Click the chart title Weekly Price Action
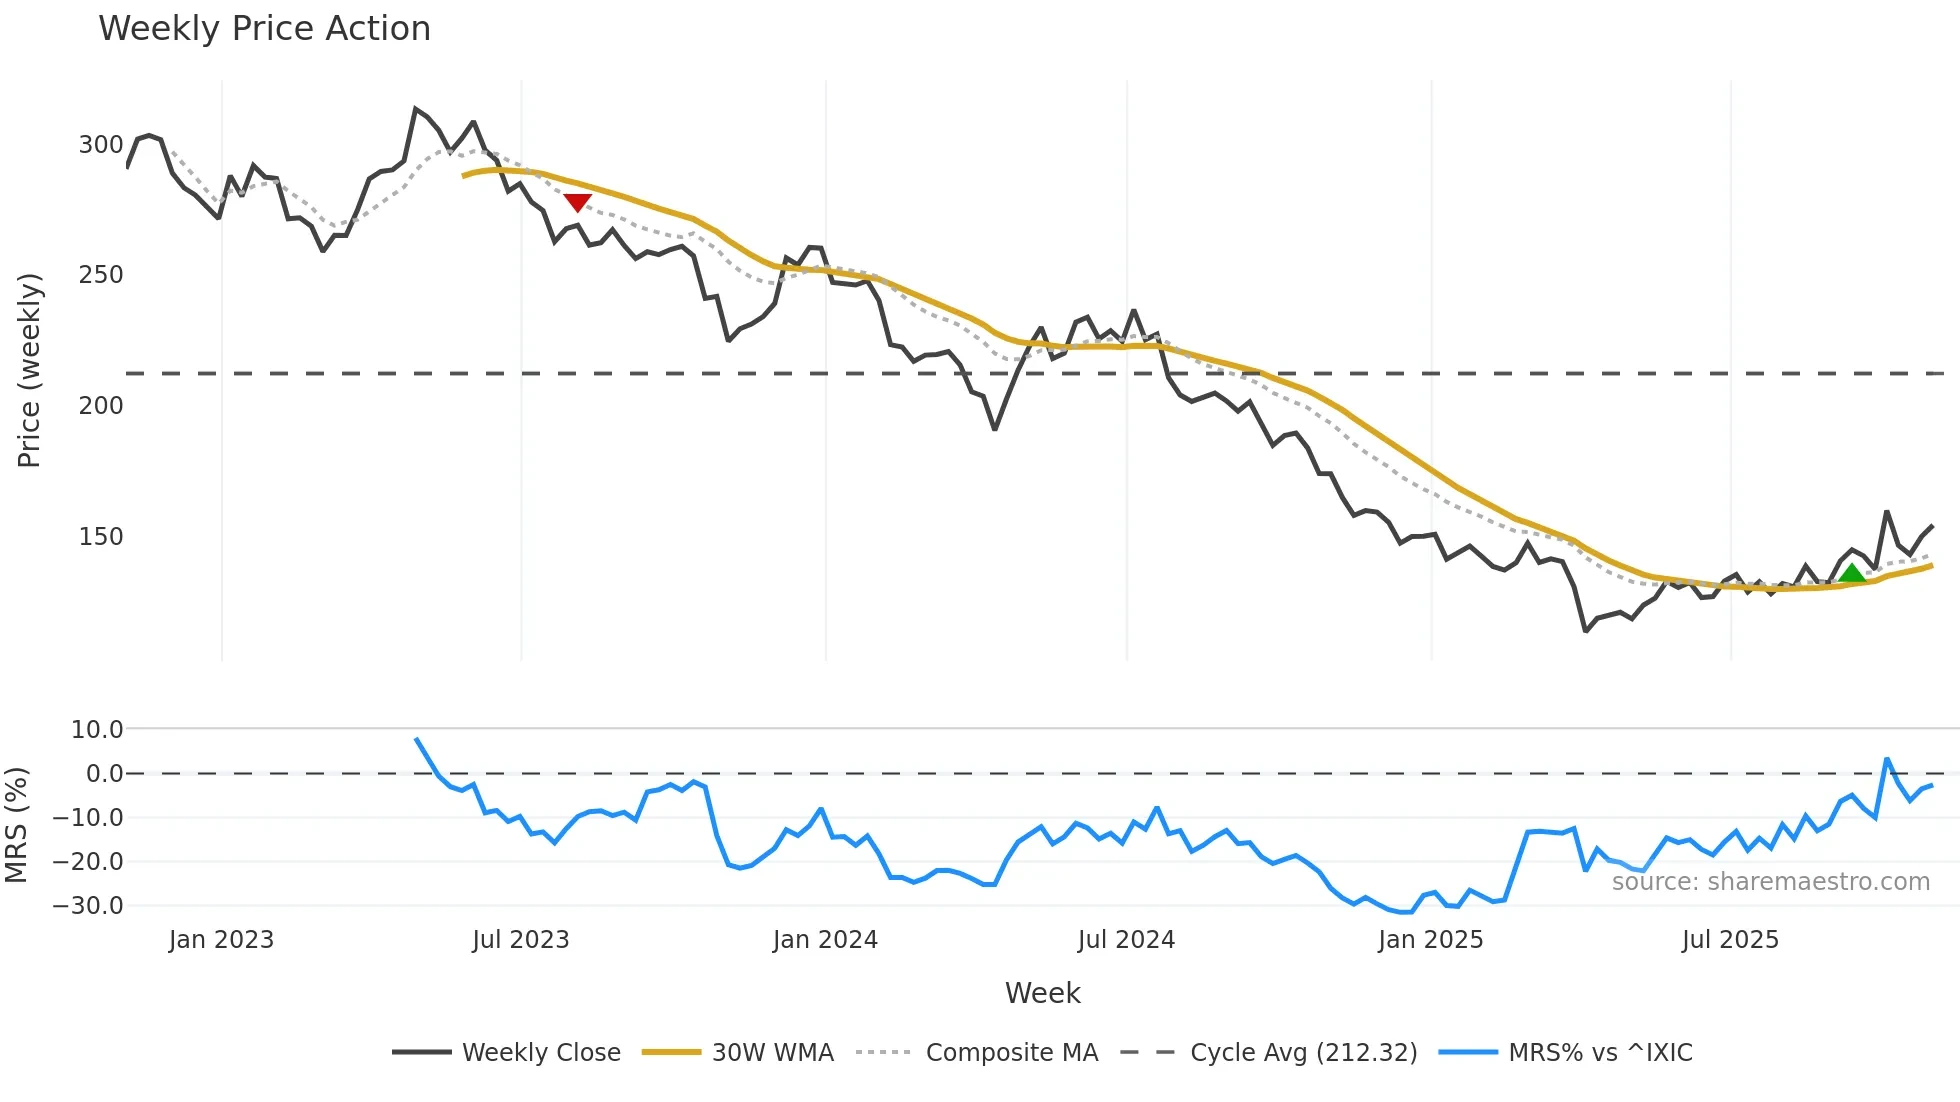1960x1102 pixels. click(x=264, y=29)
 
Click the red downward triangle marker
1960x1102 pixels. click(x=578, y=202)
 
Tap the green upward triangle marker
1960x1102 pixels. click(x=1852, y=573)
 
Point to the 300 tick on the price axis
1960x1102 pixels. click(x=101, y=145)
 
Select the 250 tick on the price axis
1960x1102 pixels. click(x=101, y=275)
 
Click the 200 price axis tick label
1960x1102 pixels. click(x=101, y=406)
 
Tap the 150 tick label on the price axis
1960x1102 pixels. click(x=101, y=537)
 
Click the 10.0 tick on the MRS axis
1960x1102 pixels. click(x=97, y=730)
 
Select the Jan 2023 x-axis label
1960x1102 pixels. click(x=221, y=940)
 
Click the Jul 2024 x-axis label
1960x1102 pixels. click(x=1126, y=940)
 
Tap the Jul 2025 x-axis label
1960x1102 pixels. click(x=1730, y=940)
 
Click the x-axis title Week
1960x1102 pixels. click(x=1042, y=993)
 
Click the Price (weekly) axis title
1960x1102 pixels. click(x=29, y=370)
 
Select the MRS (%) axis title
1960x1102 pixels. click(x=17, y=825)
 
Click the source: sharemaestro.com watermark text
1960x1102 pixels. click(x=1770, y=882)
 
